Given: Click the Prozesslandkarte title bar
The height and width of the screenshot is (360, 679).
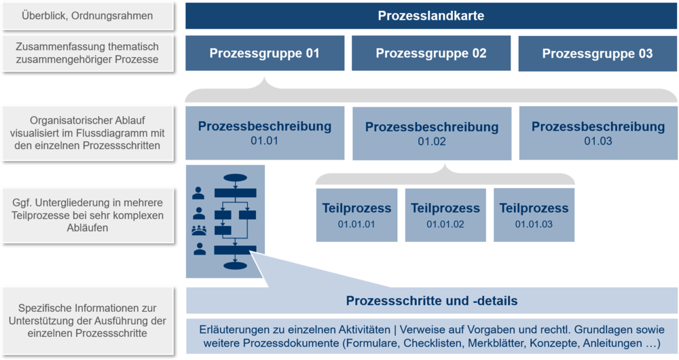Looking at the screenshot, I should tap(431, 16).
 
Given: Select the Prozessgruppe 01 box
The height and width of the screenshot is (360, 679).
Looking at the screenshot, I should tap(264, 53).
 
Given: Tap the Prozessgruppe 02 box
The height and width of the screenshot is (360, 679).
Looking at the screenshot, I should tap(430, 53).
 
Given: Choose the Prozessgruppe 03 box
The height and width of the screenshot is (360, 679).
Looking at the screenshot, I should tap(597, 53).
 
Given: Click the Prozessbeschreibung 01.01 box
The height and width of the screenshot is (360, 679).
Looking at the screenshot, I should tap(264, 132).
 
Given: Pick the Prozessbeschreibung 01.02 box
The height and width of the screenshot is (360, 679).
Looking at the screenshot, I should tap(431, 133).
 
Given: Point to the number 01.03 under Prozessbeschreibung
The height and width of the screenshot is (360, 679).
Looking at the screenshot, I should tap(598, 141).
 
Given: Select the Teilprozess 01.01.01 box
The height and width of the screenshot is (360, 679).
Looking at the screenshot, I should tap(356, 215).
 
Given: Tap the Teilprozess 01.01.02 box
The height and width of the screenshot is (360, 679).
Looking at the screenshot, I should tap(445, 215).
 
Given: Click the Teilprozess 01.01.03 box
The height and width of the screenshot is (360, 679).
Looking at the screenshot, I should tap(534, 215).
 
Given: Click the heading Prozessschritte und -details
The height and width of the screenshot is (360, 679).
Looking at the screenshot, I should tap(431, 300).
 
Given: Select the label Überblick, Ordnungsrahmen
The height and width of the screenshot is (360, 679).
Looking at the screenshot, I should tap(87, 16).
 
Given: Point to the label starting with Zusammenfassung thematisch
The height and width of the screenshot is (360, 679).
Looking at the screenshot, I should tap(87, 53).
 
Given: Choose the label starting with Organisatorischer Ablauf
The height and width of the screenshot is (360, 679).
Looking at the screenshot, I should tap(87, 132).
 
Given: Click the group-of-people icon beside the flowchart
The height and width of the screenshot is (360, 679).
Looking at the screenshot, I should tap(200, 230).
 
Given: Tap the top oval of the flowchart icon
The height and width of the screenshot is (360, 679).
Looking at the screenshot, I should tap(235, 179).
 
